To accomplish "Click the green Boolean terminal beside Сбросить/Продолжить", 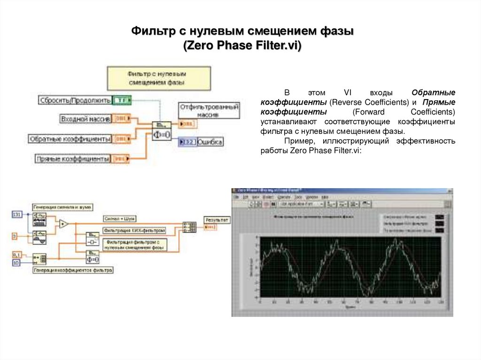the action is coord(122,100).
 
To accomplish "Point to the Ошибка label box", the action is coord(210,142).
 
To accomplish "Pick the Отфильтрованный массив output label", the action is coord(209,110).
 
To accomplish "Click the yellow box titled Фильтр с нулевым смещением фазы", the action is coord(157,77).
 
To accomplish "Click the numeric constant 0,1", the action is coord(17,254).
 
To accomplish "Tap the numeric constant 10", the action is coord(16,263).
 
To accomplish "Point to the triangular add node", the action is coord(63,224).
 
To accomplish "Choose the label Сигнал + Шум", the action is coord(117,219).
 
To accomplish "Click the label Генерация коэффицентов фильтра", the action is coord(73,270).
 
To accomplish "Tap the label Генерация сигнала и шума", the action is coord(62,207).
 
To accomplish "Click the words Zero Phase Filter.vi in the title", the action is coord(242,46).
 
